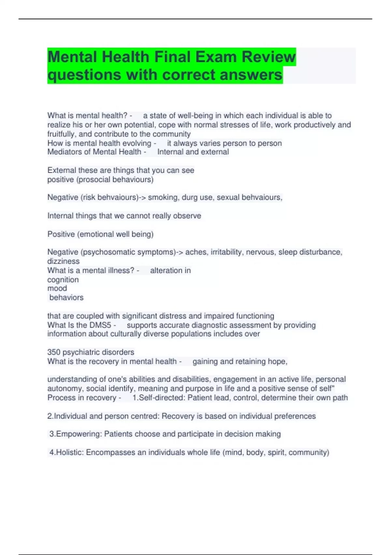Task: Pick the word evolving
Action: (137, 143)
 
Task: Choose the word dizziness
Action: (64, 261)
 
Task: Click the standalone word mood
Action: (57, 288)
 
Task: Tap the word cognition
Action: (63, 280)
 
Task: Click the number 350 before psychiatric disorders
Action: (54, 352)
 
